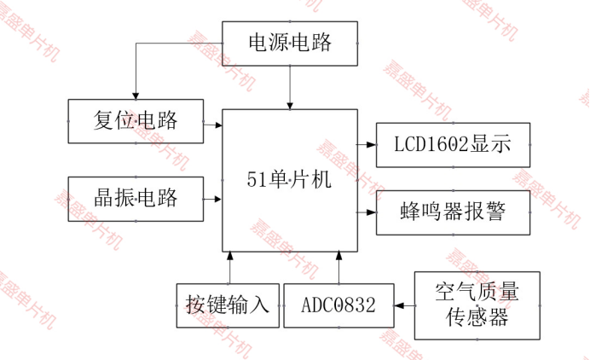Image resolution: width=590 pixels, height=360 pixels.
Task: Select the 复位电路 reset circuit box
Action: [x=136, y=120]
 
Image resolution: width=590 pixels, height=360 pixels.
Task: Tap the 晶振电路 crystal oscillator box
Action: [x=136, y=198]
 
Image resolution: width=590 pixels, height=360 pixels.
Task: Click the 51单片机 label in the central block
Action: [x=289, y=180]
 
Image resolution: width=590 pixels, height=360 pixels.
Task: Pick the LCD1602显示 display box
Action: [x=453, y=144]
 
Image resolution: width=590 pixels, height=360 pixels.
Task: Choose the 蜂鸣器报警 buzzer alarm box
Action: [x=453, y=212]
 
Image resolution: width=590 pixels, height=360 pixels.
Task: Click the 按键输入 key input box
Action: [x=228, y=305]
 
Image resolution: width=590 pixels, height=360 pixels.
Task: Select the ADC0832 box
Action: [x=338, y=305]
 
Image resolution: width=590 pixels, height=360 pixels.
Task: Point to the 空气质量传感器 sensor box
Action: [x=477, y=305]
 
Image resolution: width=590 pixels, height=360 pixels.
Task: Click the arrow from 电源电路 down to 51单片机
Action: [x=290, y=87]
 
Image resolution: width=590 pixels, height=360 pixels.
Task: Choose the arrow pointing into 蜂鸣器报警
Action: [x=367, y=212]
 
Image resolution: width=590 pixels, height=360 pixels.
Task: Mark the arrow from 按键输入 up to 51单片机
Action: [x=228, y=266]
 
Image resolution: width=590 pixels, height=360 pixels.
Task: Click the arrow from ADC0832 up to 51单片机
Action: [x=338, y=266]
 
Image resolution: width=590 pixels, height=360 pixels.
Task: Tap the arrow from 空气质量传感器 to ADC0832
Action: [x=404, y=304]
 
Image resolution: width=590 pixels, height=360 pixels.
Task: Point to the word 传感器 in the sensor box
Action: [x=477, y=318]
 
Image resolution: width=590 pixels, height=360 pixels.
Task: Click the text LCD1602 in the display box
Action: [x=430, y=144]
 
